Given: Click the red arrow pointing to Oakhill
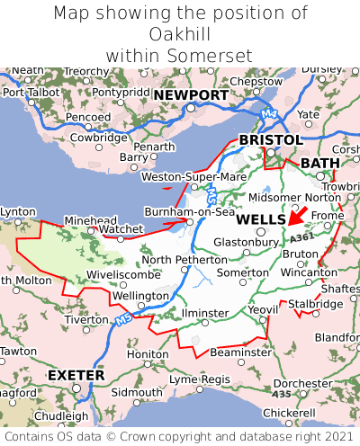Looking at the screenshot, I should (297, 215).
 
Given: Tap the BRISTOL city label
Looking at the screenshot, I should (270, 140).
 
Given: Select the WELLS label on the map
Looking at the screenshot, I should (261, 219).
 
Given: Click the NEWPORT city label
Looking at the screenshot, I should (190, 95).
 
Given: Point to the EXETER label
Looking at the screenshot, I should (75, 374).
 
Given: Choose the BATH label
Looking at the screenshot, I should (320, 163).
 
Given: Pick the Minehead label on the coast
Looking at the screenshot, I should (89, 219).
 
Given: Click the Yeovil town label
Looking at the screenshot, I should (264, 309).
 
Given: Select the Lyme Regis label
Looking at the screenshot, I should (201, 379).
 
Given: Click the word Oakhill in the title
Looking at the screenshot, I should (180, 34).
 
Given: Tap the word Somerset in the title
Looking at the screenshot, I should (217, 56).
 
